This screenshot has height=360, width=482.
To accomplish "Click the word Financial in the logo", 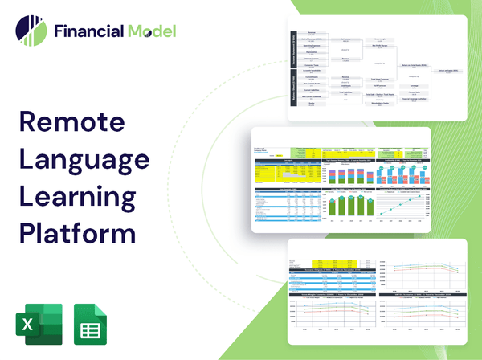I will [x=88, y=32].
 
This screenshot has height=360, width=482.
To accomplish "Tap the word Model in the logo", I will [x=151, y=32].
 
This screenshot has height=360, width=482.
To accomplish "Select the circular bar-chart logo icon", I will [x=31, y=31].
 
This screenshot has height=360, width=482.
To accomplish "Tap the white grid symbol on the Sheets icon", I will [x=92, y=327].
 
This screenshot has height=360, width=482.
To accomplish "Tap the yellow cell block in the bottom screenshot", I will [x=314, y=263].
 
